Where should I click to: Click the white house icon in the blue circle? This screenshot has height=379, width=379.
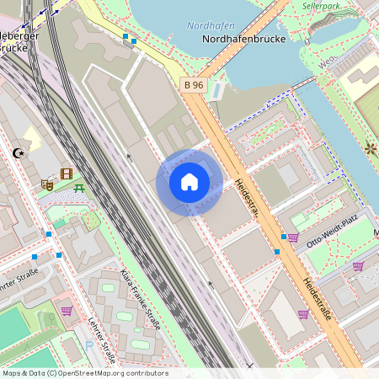point(189,182)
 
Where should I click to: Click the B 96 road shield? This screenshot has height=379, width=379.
point(194,84)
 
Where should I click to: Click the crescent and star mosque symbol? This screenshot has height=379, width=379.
point(19,153)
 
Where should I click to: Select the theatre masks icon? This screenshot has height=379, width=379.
point(47,184)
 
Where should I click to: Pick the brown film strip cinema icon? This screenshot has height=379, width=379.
point(67,173)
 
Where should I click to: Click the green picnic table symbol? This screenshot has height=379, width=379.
point(79,188)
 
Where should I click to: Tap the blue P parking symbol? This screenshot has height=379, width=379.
point(89,344)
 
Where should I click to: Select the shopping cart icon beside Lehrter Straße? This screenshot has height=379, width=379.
point(66,311)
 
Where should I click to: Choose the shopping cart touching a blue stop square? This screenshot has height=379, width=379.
point(292,238)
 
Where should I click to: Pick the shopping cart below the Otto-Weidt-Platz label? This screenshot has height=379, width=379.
point(357,266)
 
